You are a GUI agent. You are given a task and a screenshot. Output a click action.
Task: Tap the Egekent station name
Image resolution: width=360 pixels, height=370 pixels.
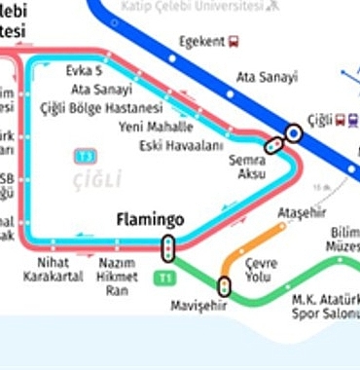pos(201,42)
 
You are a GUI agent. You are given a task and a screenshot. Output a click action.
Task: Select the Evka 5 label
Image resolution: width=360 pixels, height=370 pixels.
pos(84,72)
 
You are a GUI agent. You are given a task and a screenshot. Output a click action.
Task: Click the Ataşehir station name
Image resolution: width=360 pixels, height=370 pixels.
pos(299,212)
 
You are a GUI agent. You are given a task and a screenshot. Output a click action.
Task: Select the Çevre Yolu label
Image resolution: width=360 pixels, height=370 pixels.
pos(262,270)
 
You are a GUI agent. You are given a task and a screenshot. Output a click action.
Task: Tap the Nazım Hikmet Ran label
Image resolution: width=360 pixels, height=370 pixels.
pos(117,276)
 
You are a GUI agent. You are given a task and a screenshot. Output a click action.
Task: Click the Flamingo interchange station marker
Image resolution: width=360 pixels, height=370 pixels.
pos(169,249)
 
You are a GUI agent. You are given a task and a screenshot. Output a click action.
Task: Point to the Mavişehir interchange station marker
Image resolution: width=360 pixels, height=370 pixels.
pos(225,286)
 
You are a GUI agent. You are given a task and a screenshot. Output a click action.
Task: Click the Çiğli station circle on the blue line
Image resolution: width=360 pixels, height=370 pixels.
pos(294,133)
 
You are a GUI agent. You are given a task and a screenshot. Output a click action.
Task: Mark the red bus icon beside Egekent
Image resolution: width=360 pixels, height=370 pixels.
pos(234,42)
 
